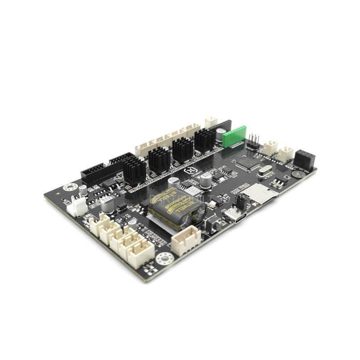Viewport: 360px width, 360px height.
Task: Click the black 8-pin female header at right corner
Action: coord(305,160)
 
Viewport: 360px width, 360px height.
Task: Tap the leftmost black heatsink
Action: coord(134,171)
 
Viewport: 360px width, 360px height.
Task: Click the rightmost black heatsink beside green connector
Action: coord(205,139)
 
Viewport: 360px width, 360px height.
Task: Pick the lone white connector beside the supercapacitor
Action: coord(186,239)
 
